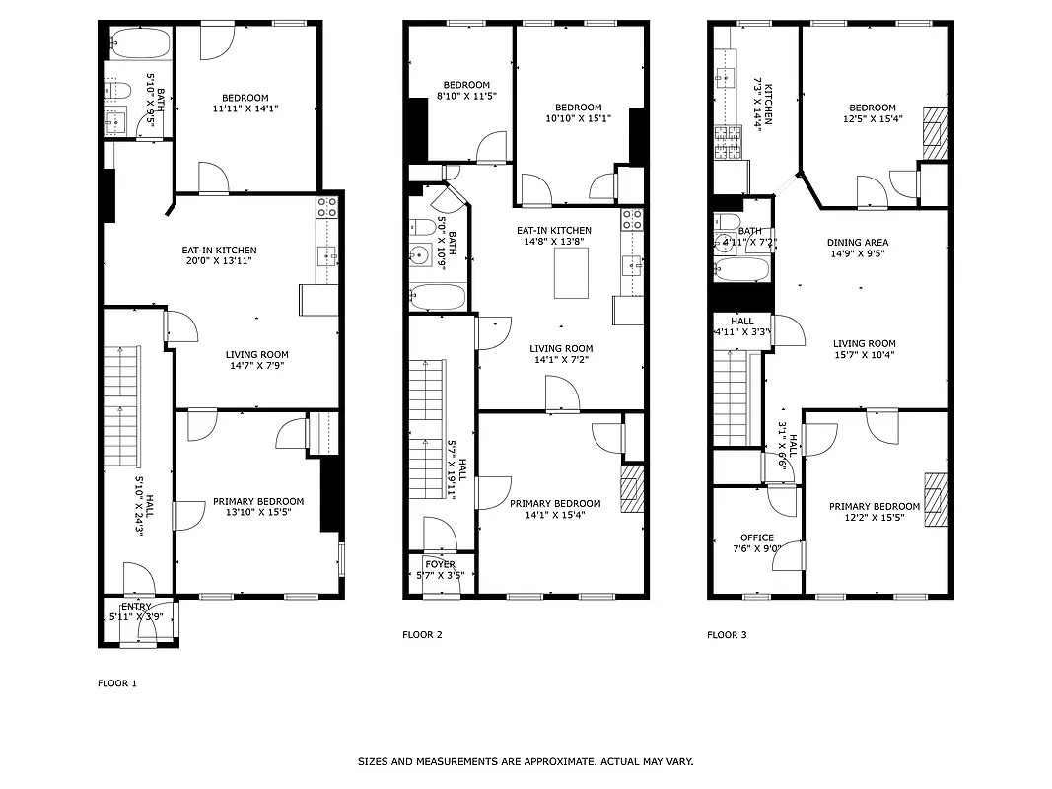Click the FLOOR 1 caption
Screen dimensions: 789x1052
click(x=117, y=683)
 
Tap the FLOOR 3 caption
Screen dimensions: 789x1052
click(x=727, y=635)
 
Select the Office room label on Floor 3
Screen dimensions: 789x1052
click(x=757, y=538)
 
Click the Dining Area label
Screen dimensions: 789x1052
click(x=858, y=242)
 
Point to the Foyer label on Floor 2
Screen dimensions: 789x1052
click(x=440, y=565)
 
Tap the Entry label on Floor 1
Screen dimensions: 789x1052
click(x=136, y=607)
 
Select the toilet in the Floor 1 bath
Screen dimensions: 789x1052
click(x=118, y=91)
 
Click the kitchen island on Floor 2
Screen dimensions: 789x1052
click(x=571, y=272)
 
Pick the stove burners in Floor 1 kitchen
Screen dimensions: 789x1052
click(x=326, y=206)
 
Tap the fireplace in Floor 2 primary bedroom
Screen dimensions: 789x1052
click(x=631, y=489)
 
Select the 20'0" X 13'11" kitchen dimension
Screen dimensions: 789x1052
click(x=219, y=262)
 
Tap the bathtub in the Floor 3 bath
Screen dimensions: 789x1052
click(x=739, y=269)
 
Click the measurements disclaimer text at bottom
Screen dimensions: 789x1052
click(x=525, y=762)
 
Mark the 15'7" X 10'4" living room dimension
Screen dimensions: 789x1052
click(x=863, y=355)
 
